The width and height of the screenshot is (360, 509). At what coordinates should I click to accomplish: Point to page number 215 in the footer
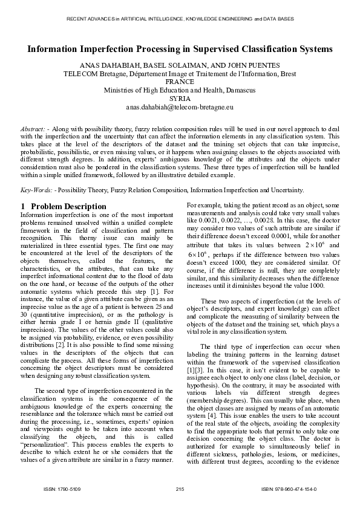pos(180,488)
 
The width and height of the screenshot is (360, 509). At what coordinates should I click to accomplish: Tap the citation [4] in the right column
pos(211,415)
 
